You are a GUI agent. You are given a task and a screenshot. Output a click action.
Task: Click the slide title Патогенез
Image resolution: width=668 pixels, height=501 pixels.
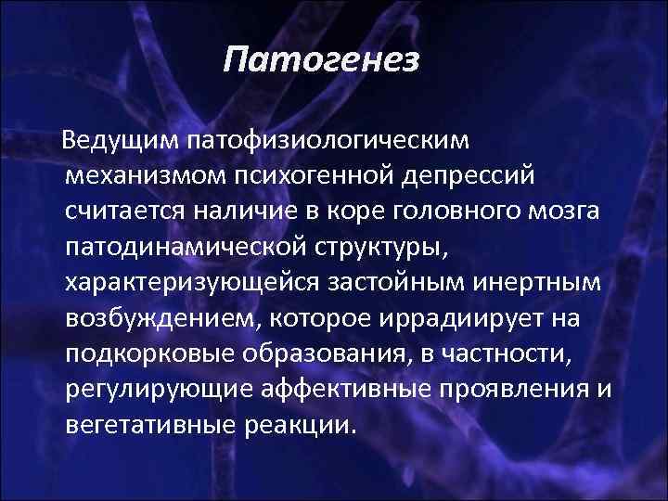coord(322,62)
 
